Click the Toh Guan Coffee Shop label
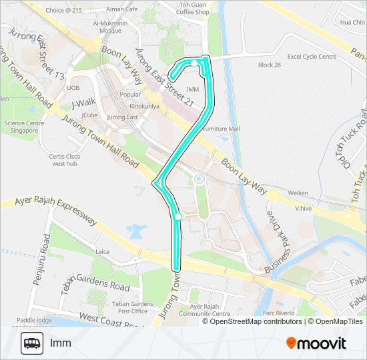point(194,8)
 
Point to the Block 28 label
point(269,65)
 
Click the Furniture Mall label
point(220,128)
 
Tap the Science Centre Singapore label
point(24,127)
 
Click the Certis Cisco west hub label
point(65,159)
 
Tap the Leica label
point(102,251)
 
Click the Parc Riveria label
point(279,313)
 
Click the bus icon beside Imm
point(31,343)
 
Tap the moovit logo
point(316,343)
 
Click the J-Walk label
point(84,103)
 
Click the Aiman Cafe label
point(121,9)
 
